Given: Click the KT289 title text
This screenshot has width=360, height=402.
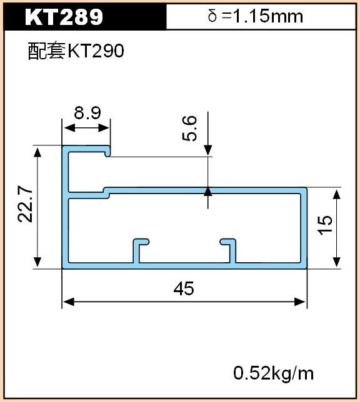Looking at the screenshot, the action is pyautogui.click(x=64, y=17).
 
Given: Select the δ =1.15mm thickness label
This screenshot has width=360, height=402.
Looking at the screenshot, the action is pyautogui.click(x=255, y=16).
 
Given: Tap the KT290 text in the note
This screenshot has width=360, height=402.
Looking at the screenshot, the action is pyautogui.click(x=96, y=51).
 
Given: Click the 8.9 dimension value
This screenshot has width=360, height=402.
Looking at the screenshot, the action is pyautogui.click(x=87, y=113).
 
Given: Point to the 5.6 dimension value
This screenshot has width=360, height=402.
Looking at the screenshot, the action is pyautogui.click(x=189, y=128).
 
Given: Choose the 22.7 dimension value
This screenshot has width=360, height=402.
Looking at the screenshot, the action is pyautogui.click(x=25, y=204).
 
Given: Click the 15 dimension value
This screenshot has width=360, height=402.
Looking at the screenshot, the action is pyautogui.click(x=325, y=225).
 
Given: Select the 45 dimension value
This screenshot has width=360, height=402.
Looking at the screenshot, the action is pyautogui.click(x=184, y=288).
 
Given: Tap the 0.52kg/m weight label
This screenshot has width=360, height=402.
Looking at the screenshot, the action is pyautogui.click(x=274, y=373).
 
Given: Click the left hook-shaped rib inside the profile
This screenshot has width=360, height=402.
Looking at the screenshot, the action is pyautogui.click(x=137, y=251).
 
